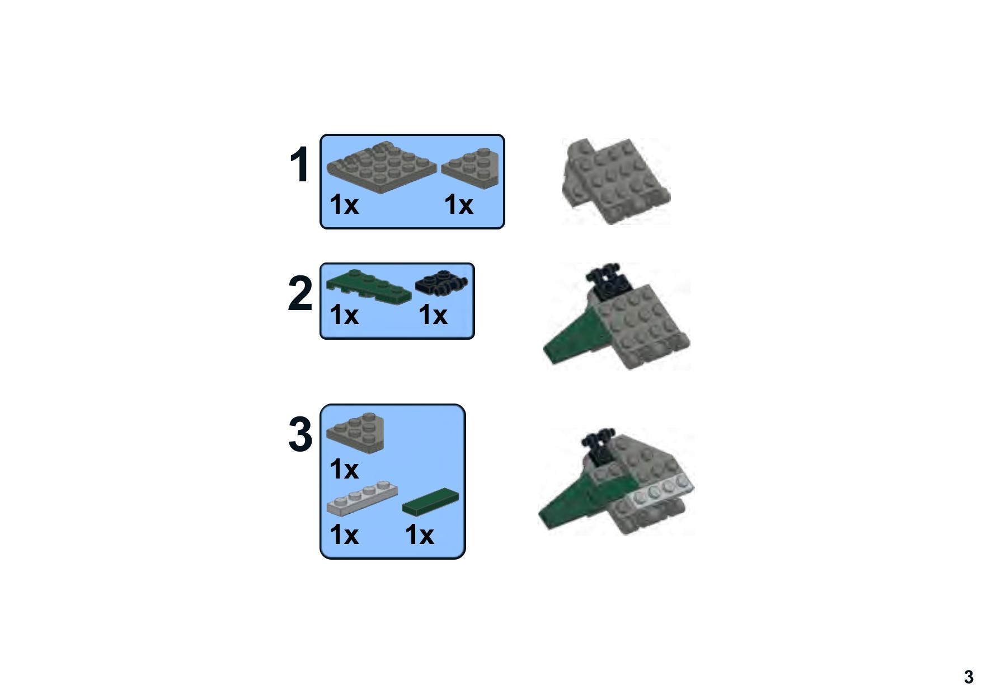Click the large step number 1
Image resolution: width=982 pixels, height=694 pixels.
point(299,165)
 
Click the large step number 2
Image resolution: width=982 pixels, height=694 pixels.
point(300,293)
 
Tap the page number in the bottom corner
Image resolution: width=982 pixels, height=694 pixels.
point(969,677)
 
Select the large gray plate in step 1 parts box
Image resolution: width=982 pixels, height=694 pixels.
point(380,166)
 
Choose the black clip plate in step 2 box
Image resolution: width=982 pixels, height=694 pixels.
point(441,283)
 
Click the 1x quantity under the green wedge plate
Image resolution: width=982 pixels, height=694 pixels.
point(344,315)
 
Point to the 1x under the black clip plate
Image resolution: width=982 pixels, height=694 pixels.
point(433,315)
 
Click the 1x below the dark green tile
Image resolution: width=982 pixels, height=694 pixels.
point(419,534)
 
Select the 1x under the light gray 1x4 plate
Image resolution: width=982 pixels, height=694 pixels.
point(344,534)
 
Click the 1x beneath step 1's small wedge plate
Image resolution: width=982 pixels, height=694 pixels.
point(458,205)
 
